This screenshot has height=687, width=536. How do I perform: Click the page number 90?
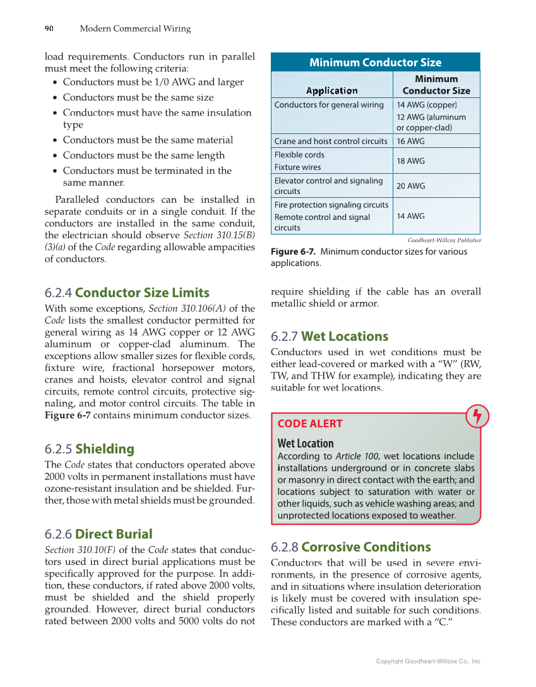click(x=49, y=28)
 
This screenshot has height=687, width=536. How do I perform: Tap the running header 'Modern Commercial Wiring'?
click(x=135, y=28)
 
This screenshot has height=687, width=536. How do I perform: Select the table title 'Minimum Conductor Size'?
click(x=375, y=62)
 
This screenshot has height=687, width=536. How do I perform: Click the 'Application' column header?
click(x=331, y=90)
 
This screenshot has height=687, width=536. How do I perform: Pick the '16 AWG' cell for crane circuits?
click(x=410, y=141)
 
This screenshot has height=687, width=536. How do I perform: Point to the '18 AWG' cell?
click(x=410, y=161)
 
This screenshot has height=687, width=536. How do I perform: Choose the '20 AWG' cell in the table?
click(x=410, y=186)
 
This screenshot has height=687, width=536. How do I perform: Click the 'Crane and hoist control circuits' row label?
click(x=331, y=141)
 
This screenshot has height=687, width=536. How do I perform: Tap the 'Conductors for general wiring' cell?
click(x=329, y=105)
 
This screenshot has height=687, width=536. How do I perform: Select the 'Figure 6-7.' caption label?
click(x=293, y=252)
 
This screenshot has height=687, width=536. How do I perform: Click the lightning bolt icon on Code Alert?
click(x=477, y=416)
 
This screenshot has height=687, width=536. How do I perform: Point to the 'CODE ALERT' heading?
click(x=310, y=423)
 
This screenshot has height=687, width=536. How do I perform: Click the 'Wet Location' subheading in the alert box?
click(x=306, y=443)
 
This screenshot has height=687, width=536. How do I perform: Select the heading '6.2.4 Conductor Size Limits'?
click(x=127, y=293)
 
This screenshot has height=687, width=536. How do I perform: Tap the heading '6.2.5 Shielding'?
click(x=90, y=449)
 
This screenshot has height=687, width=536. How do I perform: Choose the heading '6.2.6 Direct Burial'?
click(x=98, y=534)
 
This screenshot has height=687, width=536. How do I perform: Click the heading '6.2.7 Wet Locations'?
click(x=330, y=336)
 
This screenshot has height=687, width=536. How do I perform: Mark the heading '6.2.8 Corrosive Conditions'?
click(x=351, y=547)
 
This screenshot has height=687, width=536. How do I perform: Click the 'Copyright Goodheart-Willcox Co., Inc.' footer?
click(x=429, y=661)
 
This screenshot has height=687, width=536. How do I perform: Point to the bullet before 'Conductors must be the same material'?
click(x=57, y=140)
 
